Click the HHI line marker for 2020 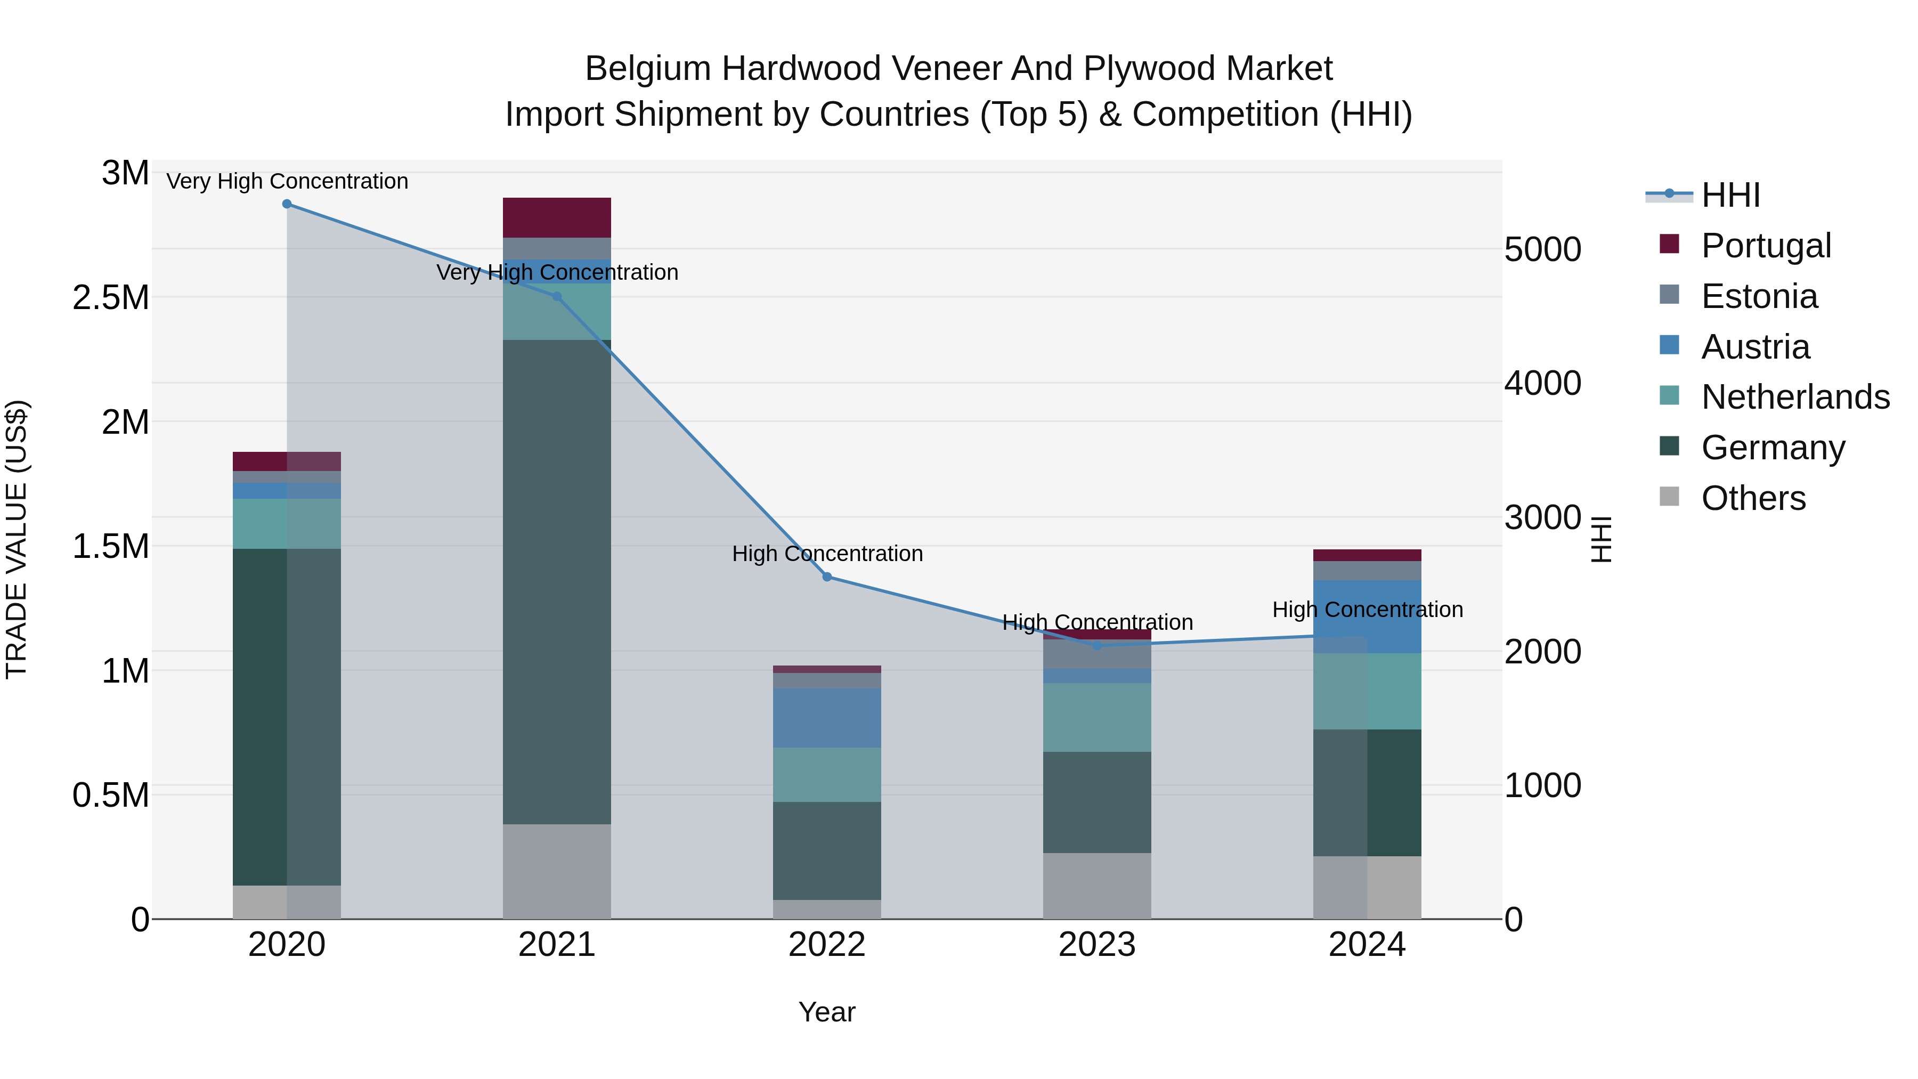[287, 204]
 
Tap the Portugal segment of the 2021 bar [557, 217]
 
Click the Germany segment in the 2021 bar [557, 581]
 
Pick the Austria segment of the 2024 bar [1367, 616]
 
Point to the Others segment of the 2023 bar [1097, 886]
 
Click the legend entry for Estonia [1759, 296]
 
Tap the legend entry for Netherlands [1794, 397]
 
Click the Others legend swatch [1669, 497]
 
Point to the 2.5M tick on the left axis [110, 298]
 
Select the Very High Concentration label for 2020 [287, 182]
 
